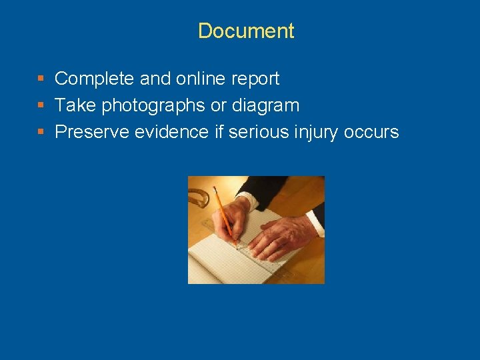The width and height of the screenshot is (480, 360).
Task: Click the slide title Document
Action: point(246,31)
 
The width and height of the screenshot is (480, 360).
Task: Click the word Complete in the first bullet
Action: point(95,79)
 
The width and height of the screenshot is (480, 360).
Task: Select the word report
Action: point(255,79)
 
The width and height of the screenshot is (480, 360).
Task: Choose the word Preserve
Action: point(92,132)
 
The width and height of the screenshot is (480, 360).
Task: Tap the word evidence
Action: point(171,132)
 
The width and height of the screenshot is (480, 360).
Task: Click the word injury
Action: point(317,133)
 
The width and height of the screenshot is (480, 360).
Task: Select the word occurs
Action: point(371,132)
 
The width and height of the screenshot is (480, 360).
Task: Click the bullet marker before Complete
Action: point(41,79)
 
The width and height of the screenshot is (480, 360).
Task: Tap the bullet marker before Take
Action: point(41,105)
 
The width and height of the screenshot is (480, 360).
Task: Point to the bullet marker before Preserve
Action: point(41,132)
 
